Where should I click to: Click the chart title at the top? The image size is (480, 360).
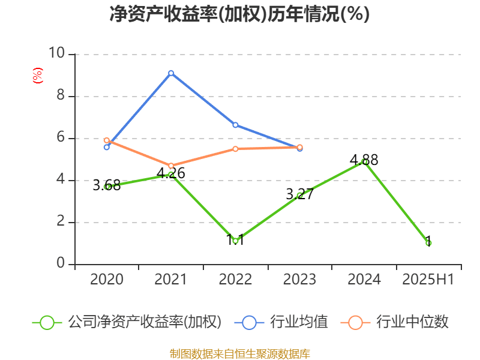click(x=239, y=14)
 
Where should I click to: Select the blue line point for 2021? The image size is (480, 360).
click(x=171, y=73)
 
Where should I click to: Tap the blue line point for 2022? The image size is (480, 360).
click(x=235, y=125)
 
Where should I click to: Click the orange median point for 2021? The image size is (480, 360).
click(x=171, y=166)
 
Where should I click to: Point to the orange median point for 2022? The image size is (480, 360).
click(x=235, y=149)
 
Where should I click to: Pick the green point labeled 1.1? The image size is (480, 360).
click(x=235, y=241)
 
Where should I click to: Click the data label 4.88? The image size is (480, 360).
click(x=364, y=160)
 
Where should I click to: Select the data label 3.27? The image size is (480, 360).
click(x=299, y=194)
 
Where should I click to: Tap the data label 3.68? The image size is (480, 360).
click(x=107, y=186)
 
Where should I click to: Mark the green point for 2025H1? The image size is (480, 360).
click(x=428, y=243)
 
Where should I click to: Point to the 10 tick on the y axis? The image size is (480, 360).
click(x=57, y=54)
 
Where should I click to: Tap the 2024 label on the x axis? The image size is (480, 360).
click(x=364, y=280)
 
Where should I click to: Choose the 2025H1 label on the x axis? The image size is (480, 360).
click(x=428, y=280)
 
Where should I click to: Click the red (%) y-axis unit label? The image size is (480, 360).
click(x=38, y=76)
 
